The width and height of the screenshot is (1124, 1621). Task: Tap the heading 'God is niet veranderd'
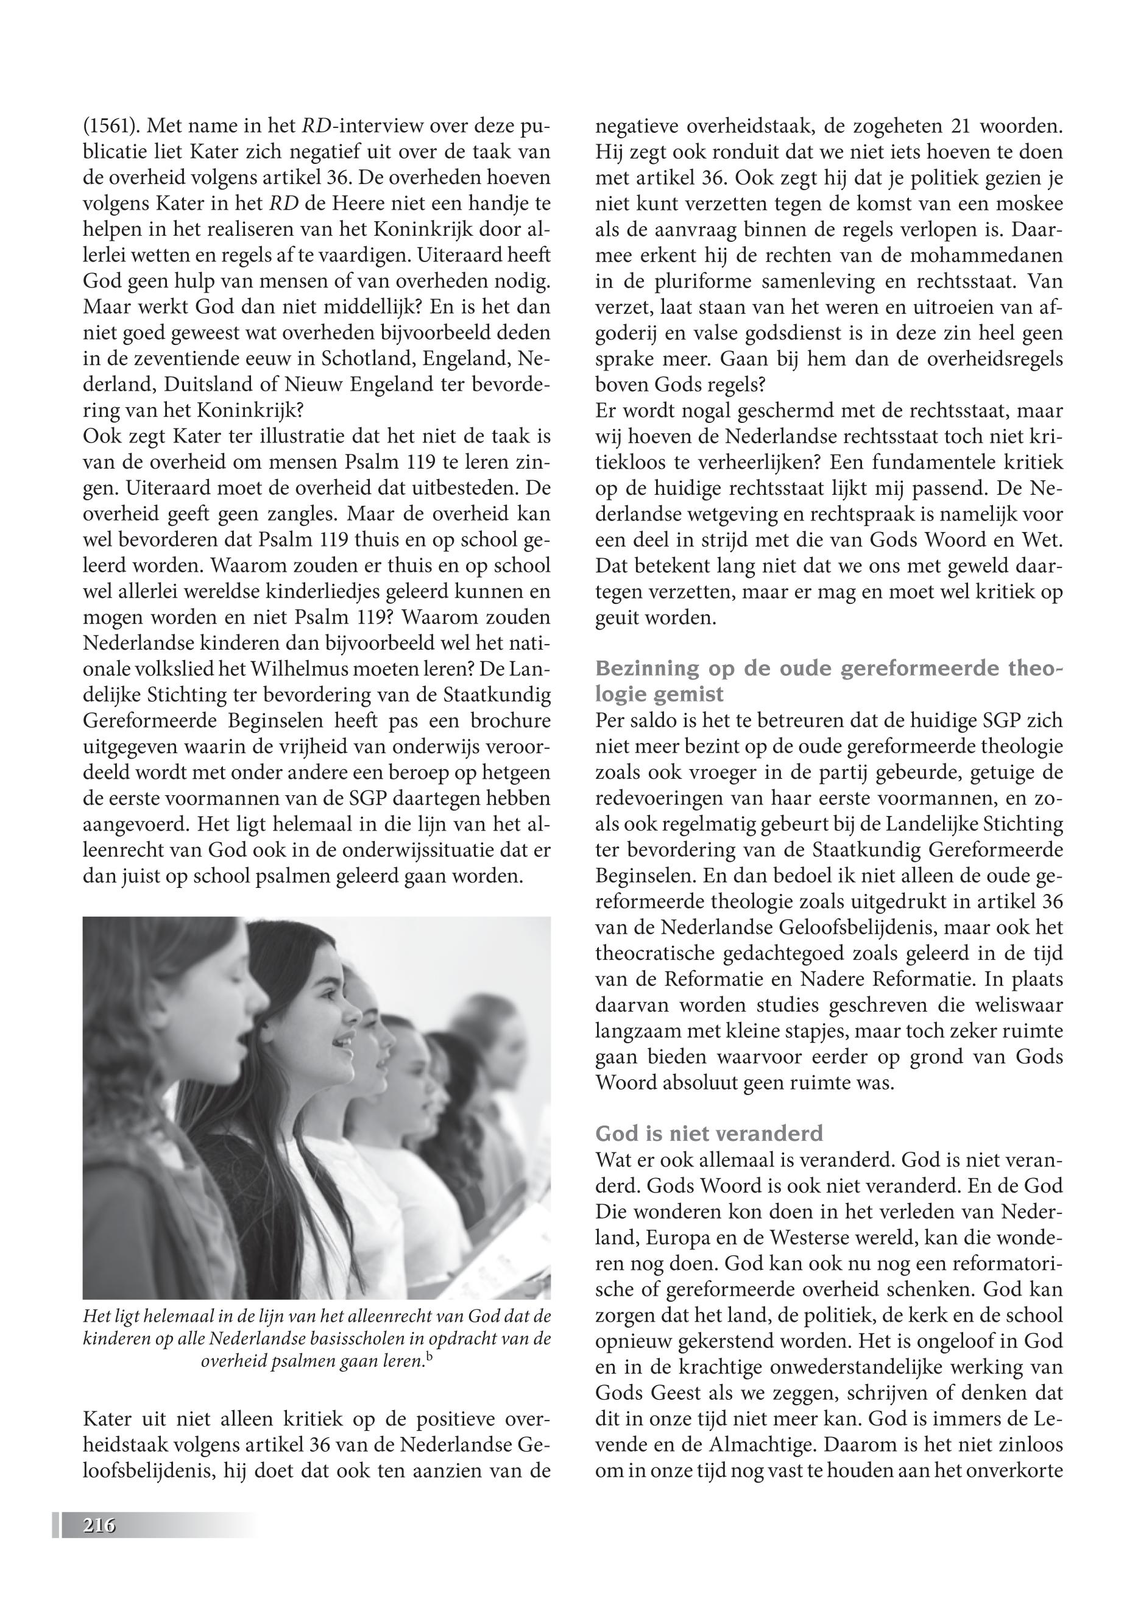[709, 1133]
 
